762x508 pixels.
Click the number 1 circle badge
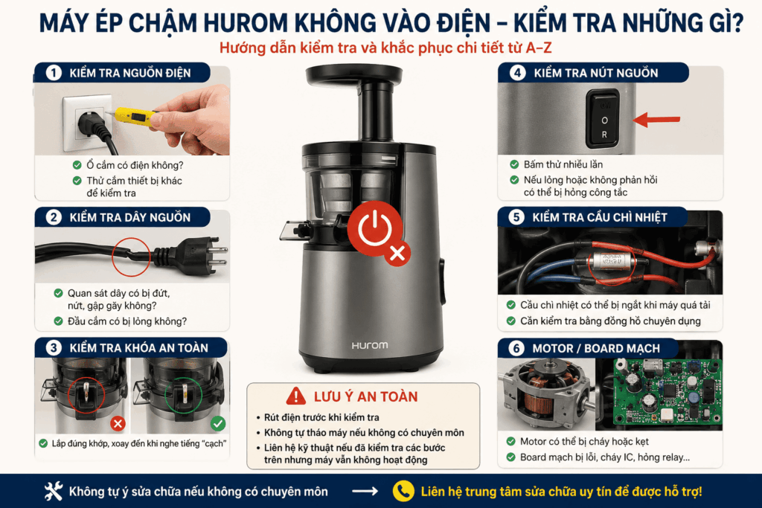click(54, 73)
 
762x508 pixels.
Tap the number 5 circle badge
click(516, 217)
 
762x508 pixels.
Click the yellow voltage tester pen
click(135, 118)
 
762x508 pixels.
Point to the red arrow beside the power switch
click(656, 120)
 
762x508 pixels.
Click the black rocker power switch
click(603, 119)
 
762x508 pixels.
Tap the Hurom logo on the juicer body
click(370, 345)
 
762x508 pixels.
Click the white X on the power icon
click(397, 253)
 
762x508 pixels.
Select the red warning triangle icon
click(296, 396)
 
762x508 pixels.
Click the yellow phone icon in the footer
click(403, 491)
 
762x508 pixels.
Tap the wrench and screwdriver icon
click(54, 491)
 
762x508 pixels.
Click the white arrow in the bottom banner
click(365, 492)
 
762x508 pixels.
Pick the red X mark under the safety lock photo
click(118, 424)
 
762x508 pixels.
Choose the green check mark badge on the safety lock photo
click(218, 423)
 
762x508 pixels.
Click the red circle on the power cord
click(131, 257)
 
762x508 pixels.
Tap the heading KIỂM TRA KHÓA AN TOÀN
click(138, 348)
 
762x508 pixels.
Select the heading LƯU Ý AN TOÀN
click(365, 396)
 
